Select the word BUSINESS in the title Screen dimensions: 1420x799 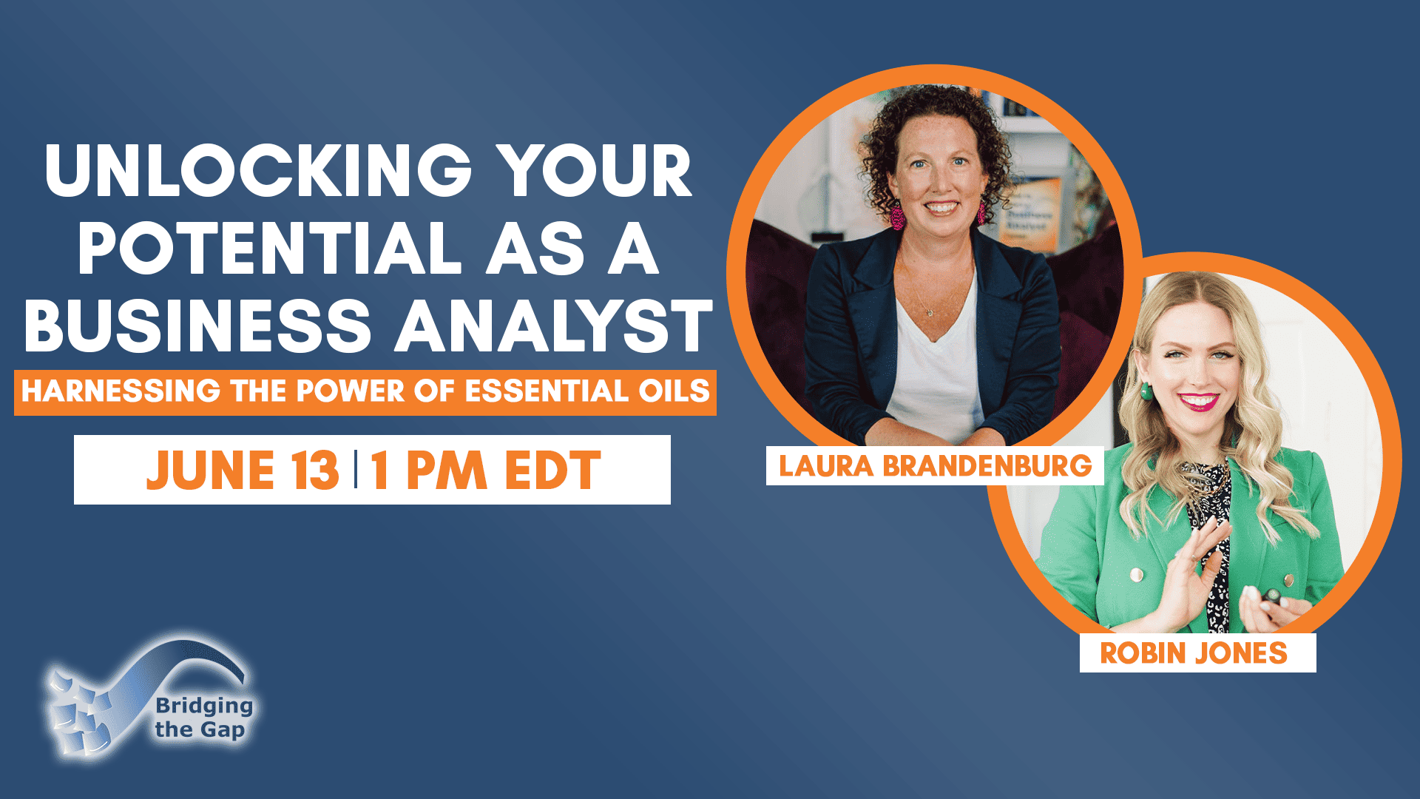click(197, 326)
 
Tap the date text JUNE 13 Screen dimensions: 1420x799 click(243, 470)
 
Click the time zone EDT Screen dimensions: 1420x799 click(552, 470)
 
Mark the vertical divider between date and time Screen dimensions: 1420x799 click(356, 469)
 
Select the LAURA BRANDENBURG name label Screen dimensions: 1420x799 click(935, 466)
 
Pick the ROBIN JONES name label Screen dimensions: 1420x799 click(1197, 653)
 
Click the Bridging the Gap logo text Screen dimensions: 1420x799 click(203, 718)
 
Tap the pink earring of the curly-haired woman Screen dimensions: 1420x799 click(897, 217)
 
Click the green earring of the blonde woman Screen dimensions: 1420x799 click(1146, 391)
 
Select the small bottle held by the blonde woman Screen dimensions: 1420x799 click(1271, 595)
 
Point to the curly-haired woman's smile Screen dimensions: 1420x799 click(941, 208)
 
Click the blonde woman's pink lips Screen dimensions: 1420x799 click(1198, 402)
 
